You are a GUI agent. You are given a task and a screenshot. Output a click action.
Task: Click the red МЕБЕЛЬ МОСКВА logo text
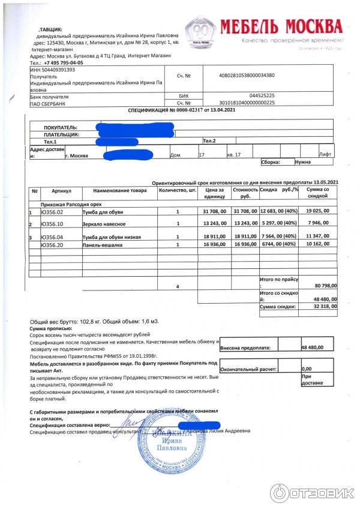pos(281,26)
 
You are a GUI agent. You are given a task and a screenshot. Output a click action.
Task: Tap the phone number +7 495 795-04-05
pos(64,62)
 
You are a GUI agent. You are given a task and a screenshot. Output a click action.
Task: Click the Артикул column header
pos(61,190)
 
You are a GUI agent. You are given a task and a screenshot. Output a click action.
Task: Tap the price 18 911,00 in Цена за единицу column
pos(215,237)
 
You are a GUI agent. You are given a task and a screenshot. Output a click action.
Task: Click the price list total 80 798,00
pos(324,286)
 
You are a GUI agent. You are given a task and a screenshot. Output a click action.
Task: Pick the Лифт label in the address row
pos(325,155)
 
